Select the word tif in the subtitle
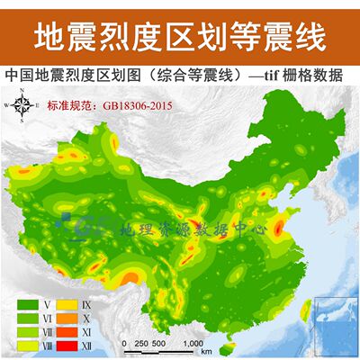273,76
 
